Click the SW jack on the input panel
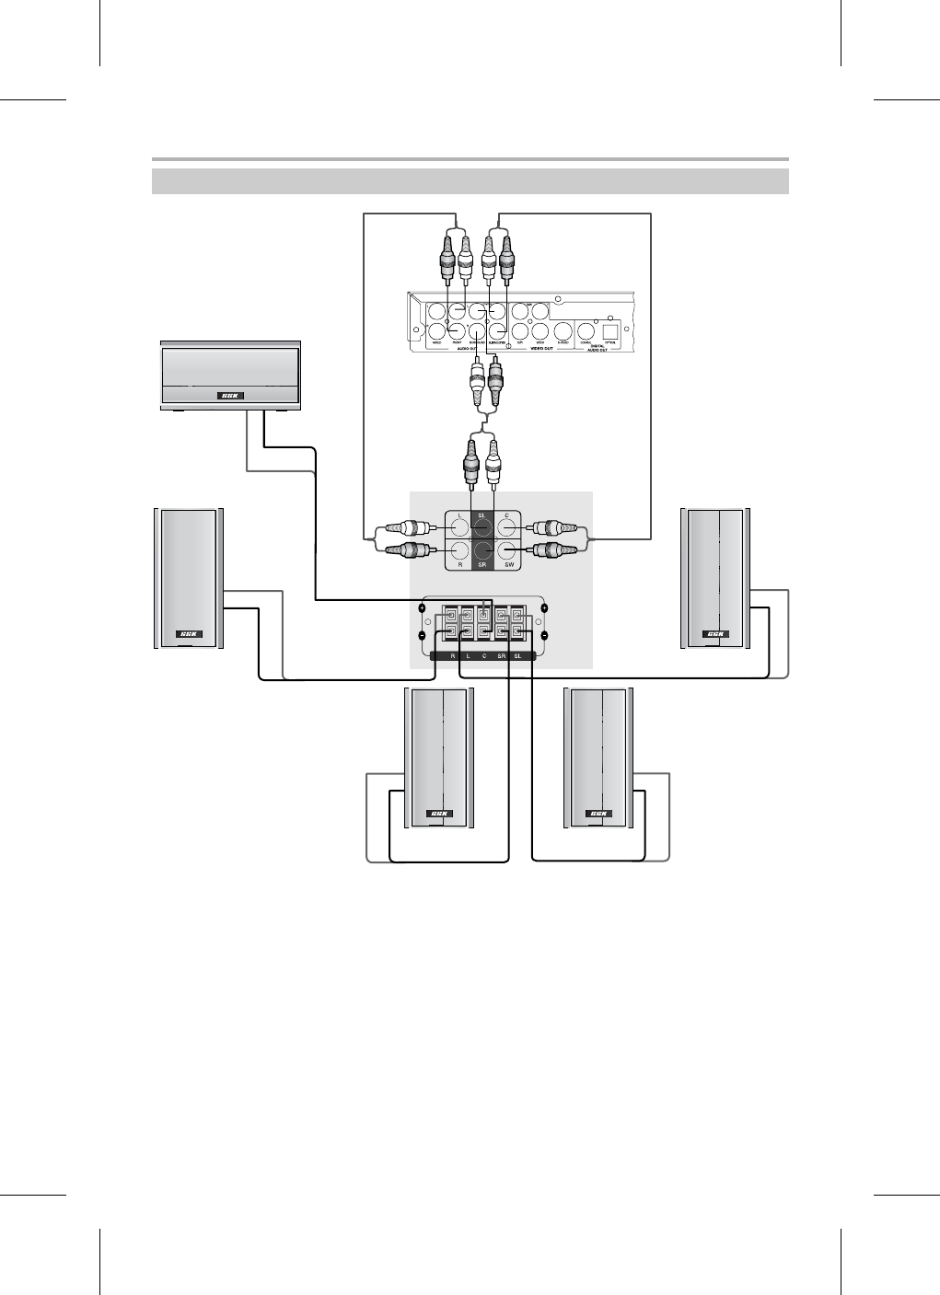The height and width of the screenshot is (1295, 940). (x=505, y=551)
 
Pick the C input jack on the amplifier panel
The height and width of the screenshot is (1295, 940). (x=505, y=527)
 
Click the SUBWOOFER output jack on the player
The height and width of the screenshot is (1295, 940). (x=499, y=331)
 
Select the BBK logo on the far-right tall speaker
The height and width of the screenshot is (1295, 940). (x=715, y=634)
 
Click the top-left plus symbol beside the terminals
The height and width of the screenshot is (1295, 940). (x=422, y=608)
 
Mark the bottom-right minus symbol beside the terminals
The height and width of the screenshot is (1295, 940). (x=544, y=635)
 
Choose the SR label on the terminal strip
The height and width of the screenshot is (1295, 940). (x=501, y=655)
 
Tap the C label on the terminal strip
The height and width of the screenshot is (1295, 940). (x=484, y=655)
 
